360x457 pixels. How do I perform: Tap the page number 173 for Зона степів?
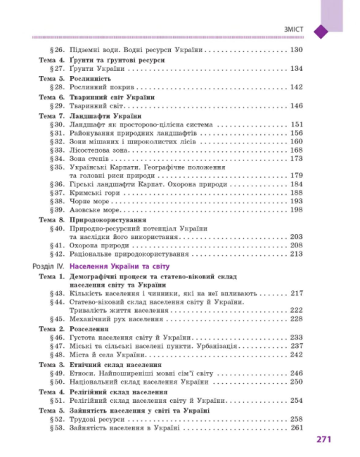pos(296,159)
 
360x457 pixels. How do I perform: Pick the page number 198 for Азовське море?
pos(296,210)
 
